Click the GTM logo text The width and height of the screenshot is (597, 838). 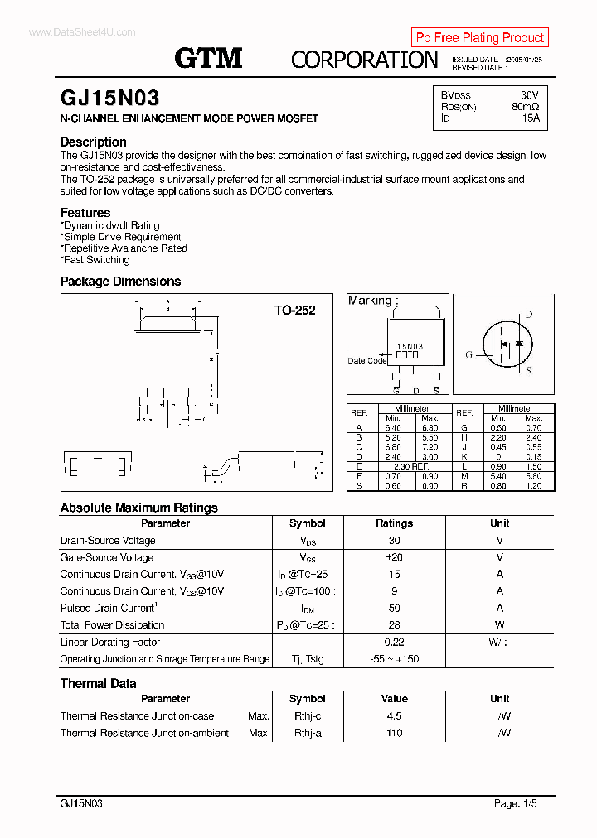tap(208, 58)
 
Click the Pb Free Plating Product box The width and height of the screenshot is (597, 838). tap(479, 37)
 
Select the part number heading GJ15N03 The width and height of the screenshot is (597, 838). tap(109, 99)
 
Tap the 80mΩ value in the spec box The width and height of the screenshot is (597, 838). tap(525, 107)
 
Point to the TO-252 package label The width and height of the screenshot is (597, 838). tap(295, 311)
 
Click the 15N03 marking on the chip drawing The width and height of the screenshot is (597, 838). tap(410, 347)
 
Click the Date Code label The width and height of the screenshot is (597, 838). tap(366, 360)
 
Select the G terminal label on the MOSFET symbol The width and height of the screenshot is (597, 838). tap(468, 354)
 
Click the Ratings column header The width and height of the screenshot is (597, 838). tap(394, 523)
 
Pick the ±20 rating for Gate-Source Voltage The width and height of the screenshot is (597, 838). tap(394, 557)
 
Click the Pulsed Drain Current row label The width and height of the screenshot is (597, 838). tap(108, 608)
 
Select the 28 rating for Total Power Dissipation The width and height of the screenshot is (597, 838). tap(394, 625)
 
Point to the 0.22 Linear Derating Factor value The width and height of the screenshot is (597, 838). tap(394, 642)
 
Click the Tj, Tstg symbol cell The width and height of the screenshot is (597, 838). tap(307, 659)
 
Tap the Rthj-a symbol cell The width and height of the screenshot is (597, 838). tap(308, 733)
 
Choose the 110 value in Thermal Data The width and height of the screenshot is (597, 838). tap(394, 733)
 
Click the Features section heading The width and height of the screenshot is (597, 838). tap(85, 213)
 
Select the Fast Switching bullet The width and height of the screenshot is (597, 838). tap(96, 260)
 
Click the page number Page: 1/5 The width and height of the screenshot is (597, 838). tap(518, 803)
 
